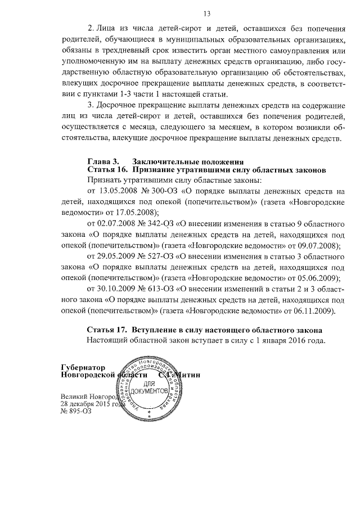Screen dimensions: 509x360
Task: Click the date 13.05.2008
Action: [x=116, y=192]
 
